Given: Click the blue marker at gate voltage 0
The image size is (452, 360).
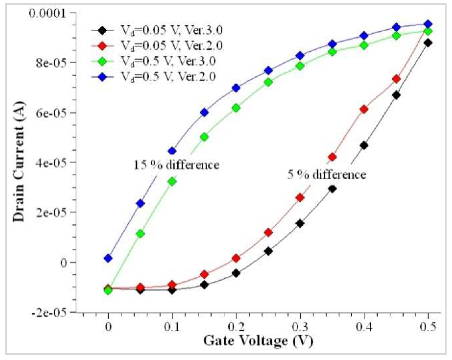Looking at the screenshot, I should tap(108, 258).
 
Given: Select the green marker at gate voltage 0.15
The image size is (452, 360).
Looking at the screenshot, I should tap(205, 137).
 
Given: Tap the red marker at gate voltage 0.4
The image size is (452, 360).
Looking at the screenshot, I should tap(364, 109).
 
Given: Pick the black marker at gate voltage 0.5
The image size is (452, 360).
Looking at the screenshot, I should tap(428, 43).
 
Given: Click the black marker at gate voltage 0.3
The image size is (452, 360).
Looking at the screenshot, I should tap(300, 223).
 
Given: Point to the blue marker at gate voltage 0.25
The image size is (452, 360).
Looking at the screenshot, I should tap(268, 70).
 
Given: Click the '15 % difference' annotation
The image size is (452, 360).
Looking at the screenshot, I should tap(176, 165).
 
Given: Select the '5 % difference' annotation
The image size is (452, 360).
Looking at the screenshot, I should tap(327, 175).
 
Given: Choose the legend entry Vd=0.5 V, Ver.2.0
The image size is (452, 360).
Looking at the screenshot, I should tap(168, 77).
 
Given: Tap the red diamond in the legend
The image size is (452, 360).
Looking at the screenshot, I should tap(102, 46).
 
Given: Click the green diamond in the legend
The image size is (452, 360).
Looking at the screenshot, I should tap(102, 62).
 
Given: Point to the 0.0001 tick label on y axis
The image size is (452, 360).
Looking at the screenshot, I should tap(48, 13).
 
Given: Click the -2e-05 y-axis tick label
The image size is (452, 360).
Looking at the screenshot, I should tap(49, 312).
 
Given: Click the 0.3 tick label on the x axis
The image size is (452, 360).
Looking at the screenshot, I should tap(300, 327).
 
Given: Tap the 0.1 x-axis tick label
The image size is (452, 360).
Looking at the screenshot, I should tap(172, 327).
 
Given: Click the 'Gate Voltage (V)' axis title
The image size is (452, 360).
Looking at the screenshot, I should tap(258, 341).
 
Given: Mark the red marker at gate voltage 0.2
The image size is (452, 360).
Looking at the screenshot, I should tap(236, 258).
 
